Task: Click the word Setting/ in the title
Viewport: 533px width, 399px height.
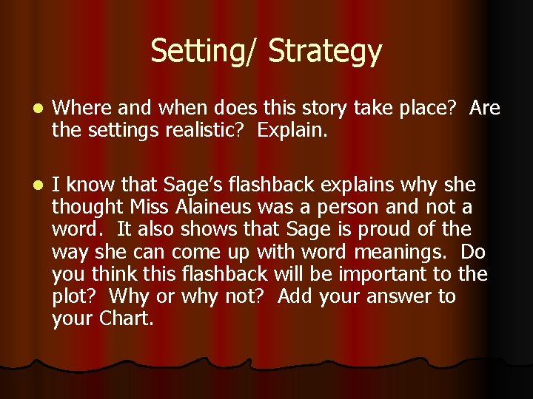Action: (x=204, y=52)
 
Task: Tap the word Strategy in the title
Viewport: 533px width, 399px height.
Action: (x=326, y=52)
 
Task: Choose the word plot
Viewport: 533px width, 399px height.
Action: (x=72, y=297)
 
